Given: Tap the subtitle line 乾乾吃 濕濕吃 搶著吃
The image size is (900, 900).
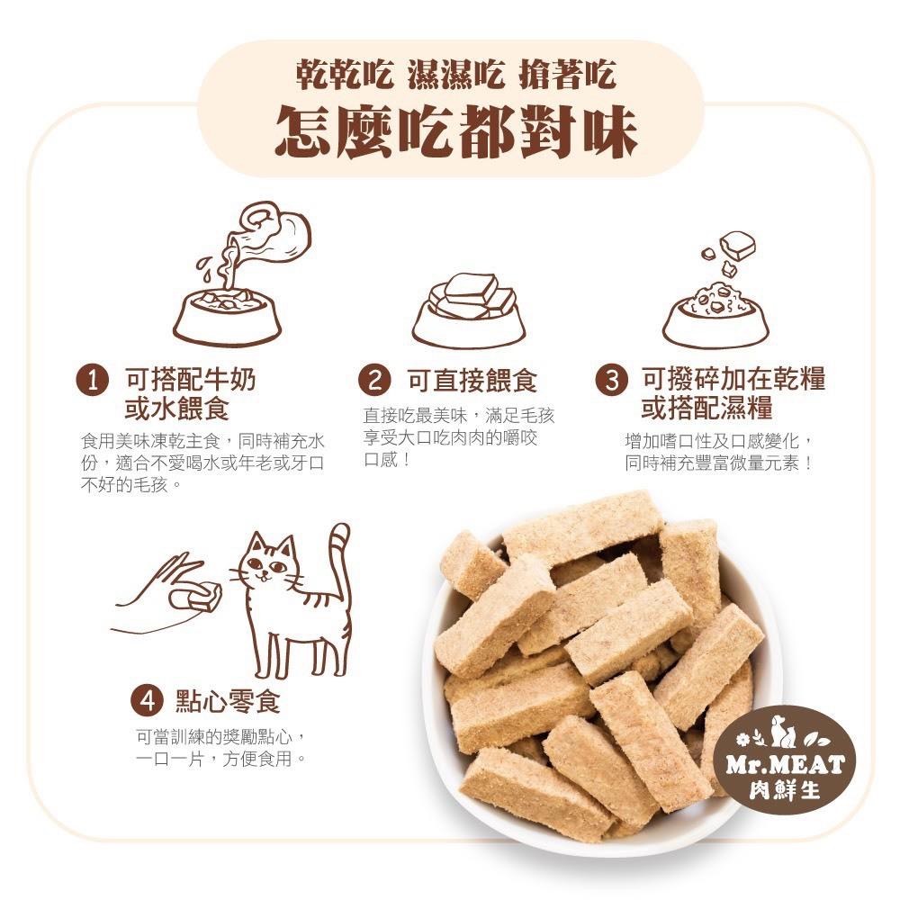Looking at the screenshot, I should tap(456, 76).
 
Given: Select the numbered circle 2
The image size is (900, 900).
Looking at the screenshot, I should tap(374, 380).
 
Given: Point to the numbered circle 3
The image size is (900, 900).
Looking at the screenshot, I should tap(612, 380).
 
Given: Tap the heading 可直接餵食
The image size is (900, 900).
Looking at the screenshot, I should tap(472, 381).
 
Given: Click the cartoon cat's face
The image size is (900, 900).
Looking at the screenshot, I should tap(271, 567).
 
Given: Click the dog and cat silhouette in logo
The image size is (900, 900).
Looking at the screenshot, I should tap(783, 732).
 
